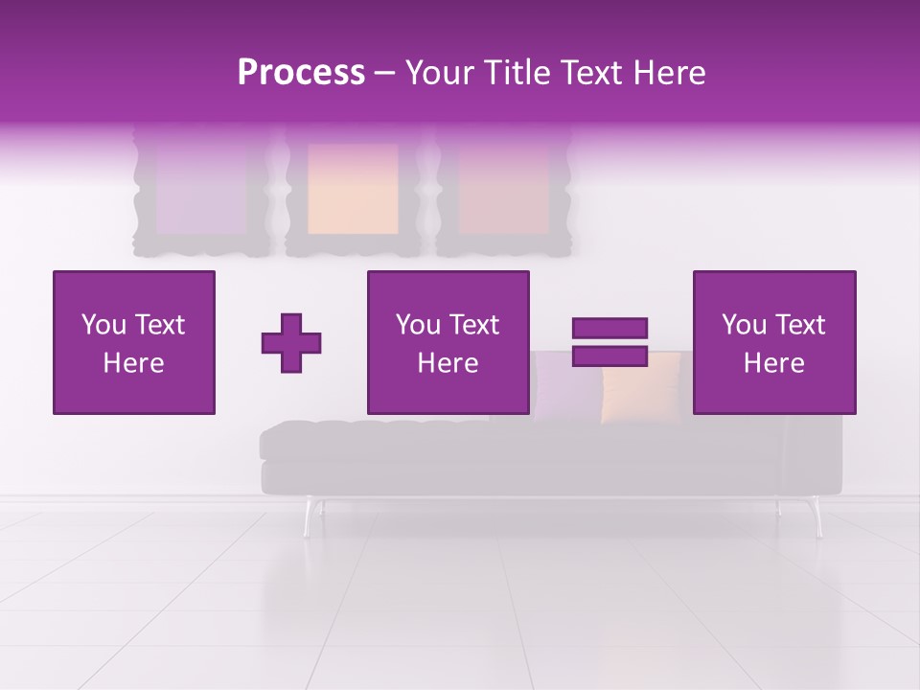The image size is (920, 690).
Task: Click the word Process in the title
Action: (301, 73)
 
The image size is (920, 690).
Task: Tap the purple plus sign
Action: (291, 342)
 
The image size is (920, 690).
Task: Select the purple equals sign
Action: (609, 342)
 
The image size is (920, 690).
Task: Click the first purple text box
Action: (134, 342)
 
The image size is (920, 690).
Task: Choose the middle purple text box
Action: (448, 342)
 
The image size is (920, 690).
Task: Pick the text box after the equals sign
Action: (774, 342)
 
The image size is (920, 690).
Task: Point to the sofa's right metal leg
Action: (816, 517)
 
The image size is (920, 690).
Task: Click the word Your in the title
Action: (439, 73)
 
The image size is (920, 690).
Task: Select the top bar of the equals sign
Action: (609, 329)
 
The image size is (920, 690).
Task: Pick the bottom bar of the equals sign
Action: (609, 356)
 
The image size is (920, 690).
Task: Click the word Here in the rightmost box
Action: (774, 363)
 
